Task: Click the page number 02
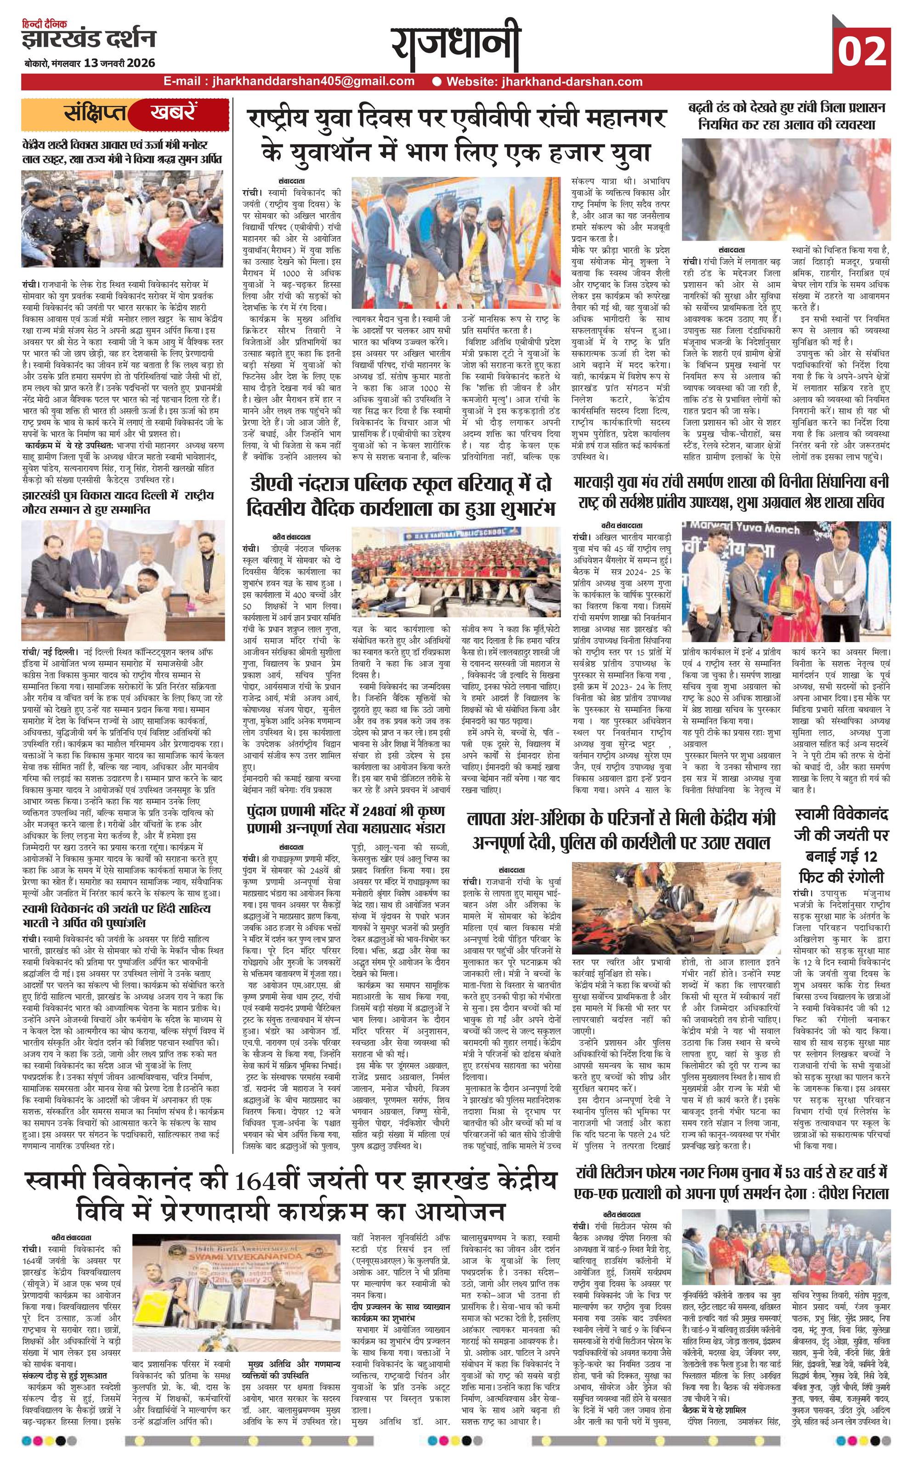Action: [x=861, y=51]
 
